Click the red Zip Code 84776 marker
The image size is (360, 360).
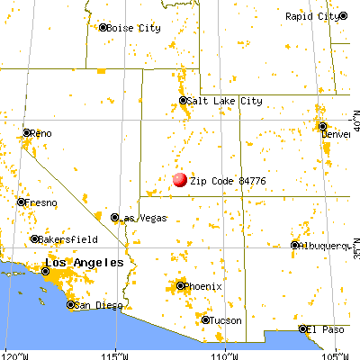[x=179, y=179]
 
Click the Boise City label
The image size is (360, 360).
[x=134, y=29]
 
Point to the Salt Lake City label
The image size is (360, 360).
[x=226, y=102]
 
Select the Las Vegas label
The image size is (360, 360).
[x=139, y=218]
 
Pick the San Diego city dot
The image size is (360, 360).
[x=71, y=305]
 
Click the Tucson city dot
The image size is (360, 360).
[x=205, y=319]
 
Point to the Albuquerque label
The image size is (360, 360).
[x=326, y=245]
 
